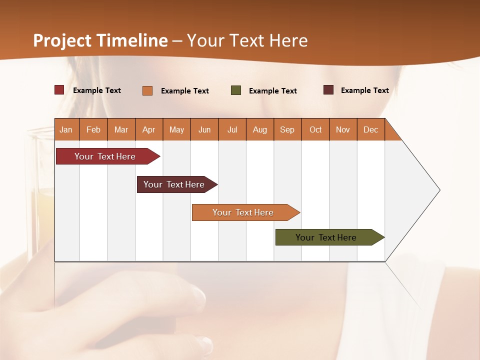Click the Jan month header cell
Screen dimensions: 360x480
(66, 129)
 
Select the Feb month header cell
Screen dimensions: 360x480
(93, 129)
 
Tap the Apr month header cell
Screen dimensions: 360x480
(149, 129)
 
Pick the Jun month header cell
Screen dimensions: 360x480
(204, 129)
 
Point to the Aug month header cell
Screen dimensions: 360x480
(260, 129)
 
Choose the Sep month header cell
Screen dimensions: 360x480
(287, 129)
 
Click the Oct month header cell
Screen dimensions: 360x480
(315, 129)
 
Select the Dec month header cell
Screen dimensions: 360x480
(371, 129)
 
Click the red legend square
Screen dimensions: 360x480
(59, 90)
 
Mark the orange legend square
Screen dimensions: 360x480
(147, 90)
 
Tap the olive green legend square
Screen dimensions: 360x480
(236, 90)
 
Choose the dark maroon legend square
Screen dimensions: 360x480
(328, 90)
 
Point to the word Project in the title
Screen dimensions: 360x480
(62, 40)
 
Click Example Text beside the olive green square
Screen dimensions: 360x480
(273, 91)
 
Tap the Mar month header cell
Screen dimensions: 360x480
(121, 129)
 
